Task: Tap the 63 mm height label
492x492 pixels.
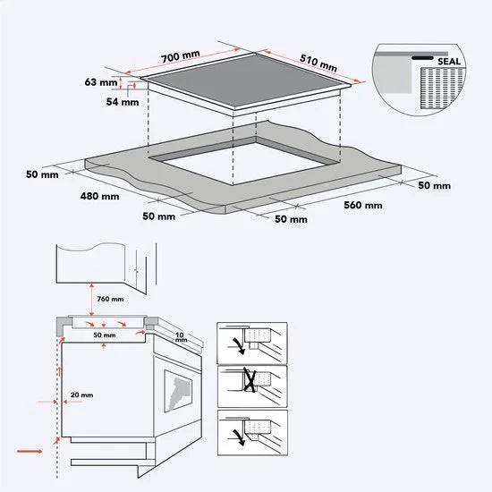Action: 103,82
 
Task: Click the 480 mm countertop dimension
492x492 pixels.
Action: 98,195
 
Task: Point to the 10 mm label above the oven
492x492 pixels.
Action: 182,336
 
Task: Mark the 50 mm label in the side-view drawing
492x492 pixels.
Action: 105,335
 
